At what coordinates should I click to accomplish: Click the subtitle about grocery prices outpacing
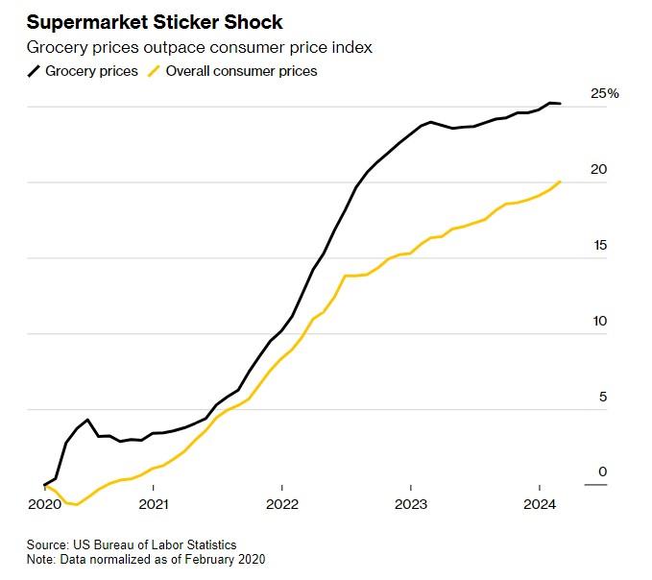(199, 47)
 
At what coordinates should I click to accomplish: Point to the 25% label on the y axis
(605, 93)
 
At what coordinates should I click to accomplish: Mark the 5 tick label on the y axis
(602, 397)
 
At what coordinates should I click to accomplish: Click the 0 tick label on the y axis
(602, 471)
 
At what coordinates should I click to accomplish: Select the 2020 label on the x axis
(44, 504)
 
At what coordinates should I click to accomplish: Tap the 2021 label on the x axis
(154, 504)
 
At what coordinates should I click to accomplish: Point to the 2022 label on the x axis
(282, 504)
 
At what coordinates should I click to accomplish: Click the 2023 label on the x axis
(411, 504)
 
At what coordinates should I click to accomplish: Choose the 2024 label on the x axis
(540, 504)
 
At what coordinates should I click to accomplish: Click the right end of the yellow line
(560, 181)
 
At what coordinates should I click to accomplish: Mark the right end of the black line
(561, 104)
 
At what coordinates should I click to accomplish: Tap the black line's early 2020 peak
(87, 420)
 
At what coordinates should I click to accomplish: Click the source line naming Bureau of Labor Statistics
(132, 544)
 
